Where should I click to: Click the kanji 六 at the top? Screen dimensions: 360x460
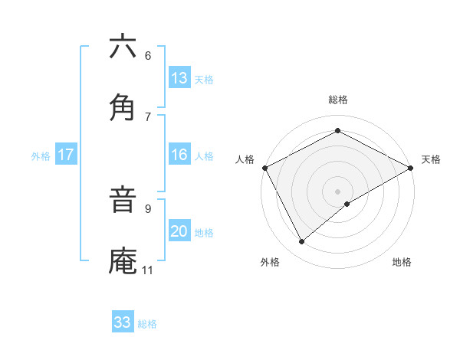tap(123, 47)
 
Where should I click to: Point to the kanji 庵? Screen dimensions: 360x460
tap(123, 260)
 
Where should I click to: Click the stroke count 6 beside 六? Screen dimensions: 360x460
tap(147, 55)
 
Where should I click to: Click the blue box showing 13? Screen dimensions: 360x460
tap(179, 78)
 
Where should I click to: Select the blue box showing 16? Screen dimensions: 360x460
tap(179, 155)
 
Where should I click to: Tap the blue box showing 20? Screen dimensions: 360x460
tap(179, 231)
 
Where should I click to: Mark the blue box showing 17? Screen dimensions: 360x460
tap(66, 155)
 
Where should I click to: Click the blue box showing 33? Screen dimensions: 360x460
tap(123, 322)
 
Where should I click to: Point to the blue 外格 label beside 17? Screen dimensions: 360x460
tap(41, 155)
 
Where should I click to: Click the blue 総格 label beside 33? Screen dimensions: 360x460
tap(147, 324)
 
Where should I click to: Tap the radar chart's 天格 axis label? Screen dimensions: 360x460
tap(431, 159)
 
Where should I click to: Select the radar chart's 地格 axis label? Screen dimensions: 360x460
tap(402, 262)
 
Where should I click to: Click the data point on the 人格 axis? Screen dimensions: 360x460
tap(264, 167)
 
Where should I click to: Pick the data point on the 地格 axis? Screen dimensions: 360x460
tap(347, 204)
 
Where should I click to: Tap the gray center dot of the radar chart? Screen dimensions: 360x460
tap(337, 190)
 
